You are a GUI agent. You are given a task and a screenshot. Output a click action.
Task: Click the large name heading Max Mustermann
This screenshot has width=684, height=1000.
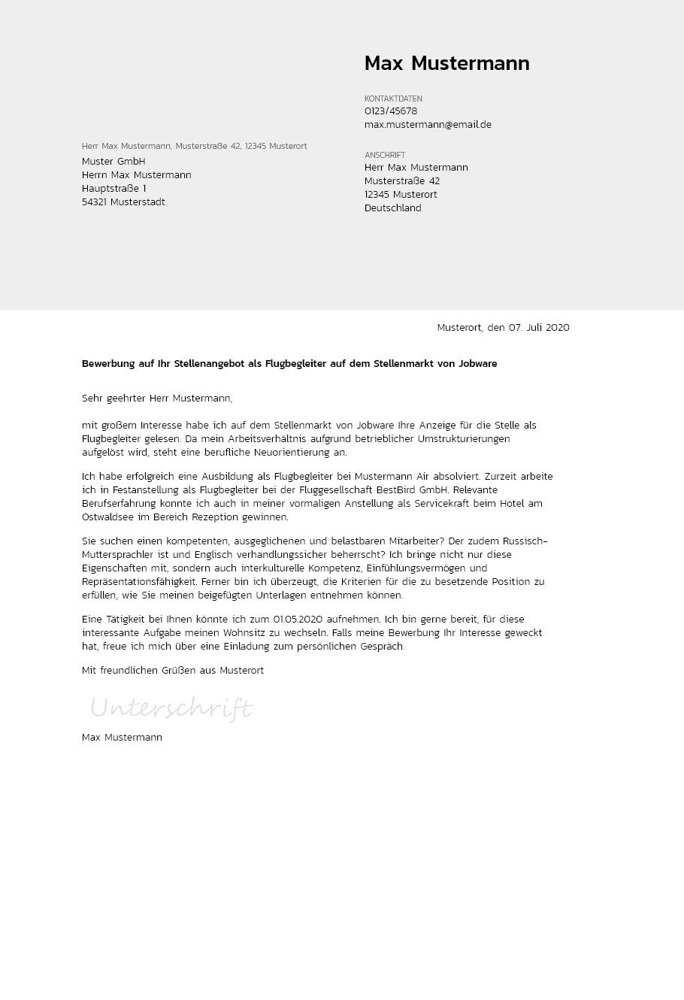pyautogui.click(x=446, y=64)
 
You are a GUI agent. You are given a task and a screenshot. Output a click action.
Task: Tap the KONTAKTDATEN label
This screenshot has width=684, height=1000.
pyautogui.click(x=393, y=98)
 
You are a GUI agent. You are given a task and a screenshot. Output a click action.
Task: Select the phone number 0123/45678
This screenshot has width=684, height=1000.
pyautogui.click(x=391, y=111)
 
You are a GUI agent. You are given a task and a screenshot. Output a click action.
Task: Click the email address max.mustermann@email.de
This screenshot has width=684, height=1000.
pyautogui.click(x=428, y=125)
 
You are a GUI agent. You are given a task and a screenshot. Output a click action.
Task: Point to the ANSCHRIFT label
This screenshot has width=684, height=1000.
pyautogui.click(x=385, y=155)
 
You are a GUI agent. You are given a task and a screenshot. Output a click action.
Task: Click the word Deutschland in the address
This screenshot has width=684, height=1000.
pyautogui.click(x=392, y=208)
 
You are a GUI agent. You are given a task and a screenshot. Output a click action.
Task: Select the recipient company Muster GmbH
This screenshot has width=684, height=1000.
pyautogui.click(x=113, y=162)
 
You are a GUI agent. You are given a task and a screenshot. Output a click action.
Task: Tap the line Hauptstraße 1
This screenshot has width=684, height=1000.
pyautogui.click(x=113, y=189)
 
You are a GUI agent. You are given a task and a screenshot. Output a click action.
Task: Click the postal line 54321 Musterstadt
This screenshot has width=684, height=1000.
pyautogui.click(x=123, y=202)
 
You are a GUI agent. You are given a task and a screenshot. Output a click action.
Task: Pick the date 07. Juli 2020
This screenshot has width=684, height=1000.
pyautogui.click(x=539, y=328)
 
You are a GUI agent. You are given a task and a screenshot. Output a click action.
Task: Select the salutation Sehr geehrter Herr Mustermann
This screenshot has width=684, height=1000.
pyautogui.click(x=157, y=398)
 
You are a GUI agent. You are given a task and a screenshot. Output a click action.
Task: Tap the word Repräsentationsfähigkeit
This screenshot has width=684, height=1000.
pyautogui.click(x=139, y=582)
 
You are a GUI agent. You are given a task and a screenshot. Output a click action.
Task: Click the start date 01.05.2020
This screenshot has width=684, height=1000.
pyautogui.click(x=298, y=620)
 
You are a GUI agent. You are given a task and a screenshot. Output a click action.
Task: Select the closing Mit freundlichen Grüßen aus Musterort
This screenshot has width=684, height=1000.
pyautogui.click(x=173, y=671)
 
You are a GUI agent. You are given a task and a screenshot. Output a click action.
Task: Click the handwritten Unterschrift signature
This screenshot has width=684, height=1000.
pyautogui.click(x=171, y=708)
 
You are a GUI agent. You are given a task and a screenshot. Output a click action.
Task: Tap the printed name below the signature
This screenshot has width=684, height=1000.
pyautogui.click(x=122, y=738)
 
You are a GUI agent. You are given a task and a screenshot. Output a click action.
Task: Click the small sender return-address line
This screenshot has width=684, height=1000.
pyautogui.click(x=194, y=146)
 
